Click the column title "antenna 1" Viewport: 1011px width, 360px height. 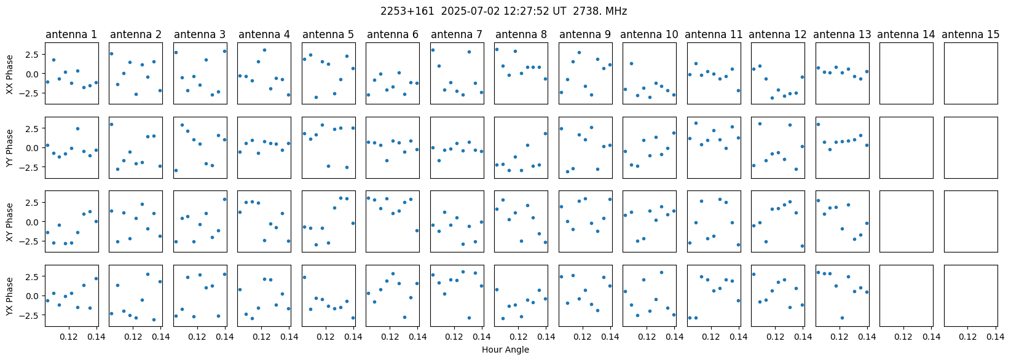71,35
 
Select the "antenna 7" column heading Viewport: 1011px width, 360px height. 457,35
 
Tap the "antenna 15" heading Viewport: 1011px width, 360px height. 970,35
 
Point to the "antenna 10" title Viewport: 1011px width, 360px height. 649,35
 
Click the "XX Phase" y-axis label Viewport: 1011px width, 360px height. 10,74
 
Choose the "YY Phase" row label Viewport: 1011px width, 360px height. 10,148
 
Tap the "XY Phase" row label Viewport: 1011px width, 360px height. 10,222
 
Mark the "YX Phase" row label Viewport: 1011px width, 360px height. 10,296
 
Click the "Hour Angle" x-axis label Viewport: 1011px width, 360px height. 505,350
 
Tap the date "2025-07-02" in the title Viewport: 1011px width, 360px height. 470,11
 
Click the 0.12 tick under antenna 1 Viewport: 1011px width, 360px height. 69,337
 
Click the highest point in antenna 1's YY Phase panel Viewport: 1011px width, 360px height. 77,128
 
